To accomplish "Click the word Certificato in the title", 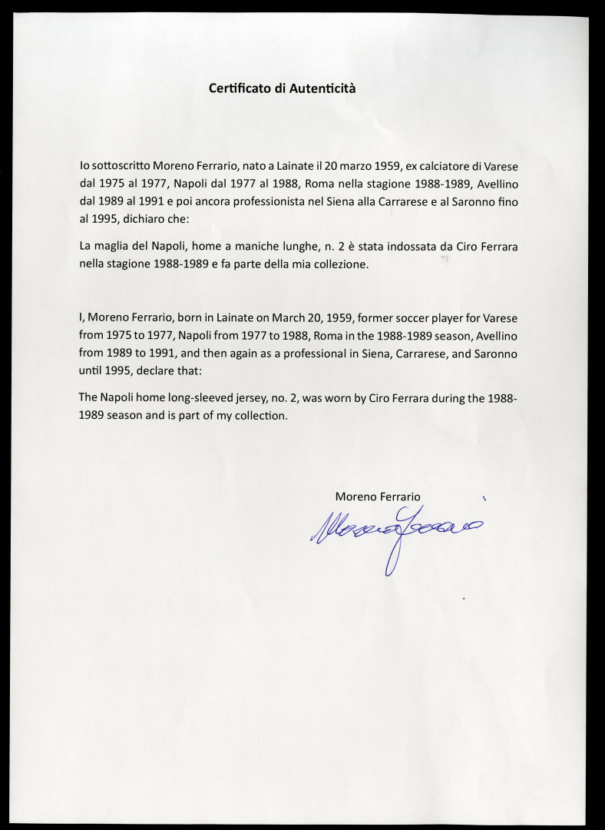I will [240, 88].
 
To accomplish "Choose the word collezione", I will [336, 264].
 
